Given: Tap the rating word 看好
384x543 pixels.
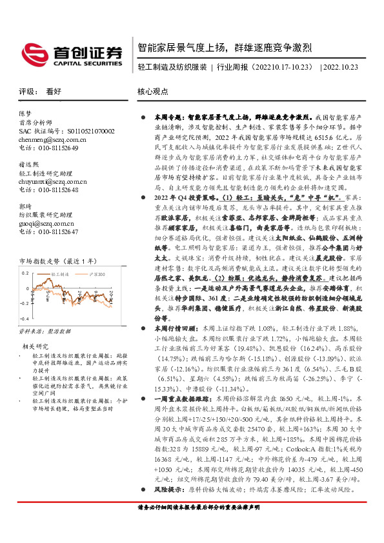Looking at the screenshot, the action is coord(53,92).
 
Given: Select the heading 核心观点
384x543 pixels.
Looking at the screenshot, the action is coord(153,92).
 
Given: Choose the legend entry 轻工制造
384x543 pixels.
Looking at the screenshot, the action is coord(61,274).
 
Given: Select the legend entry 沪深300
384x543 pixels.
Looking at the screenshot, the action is coord(95,274).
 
